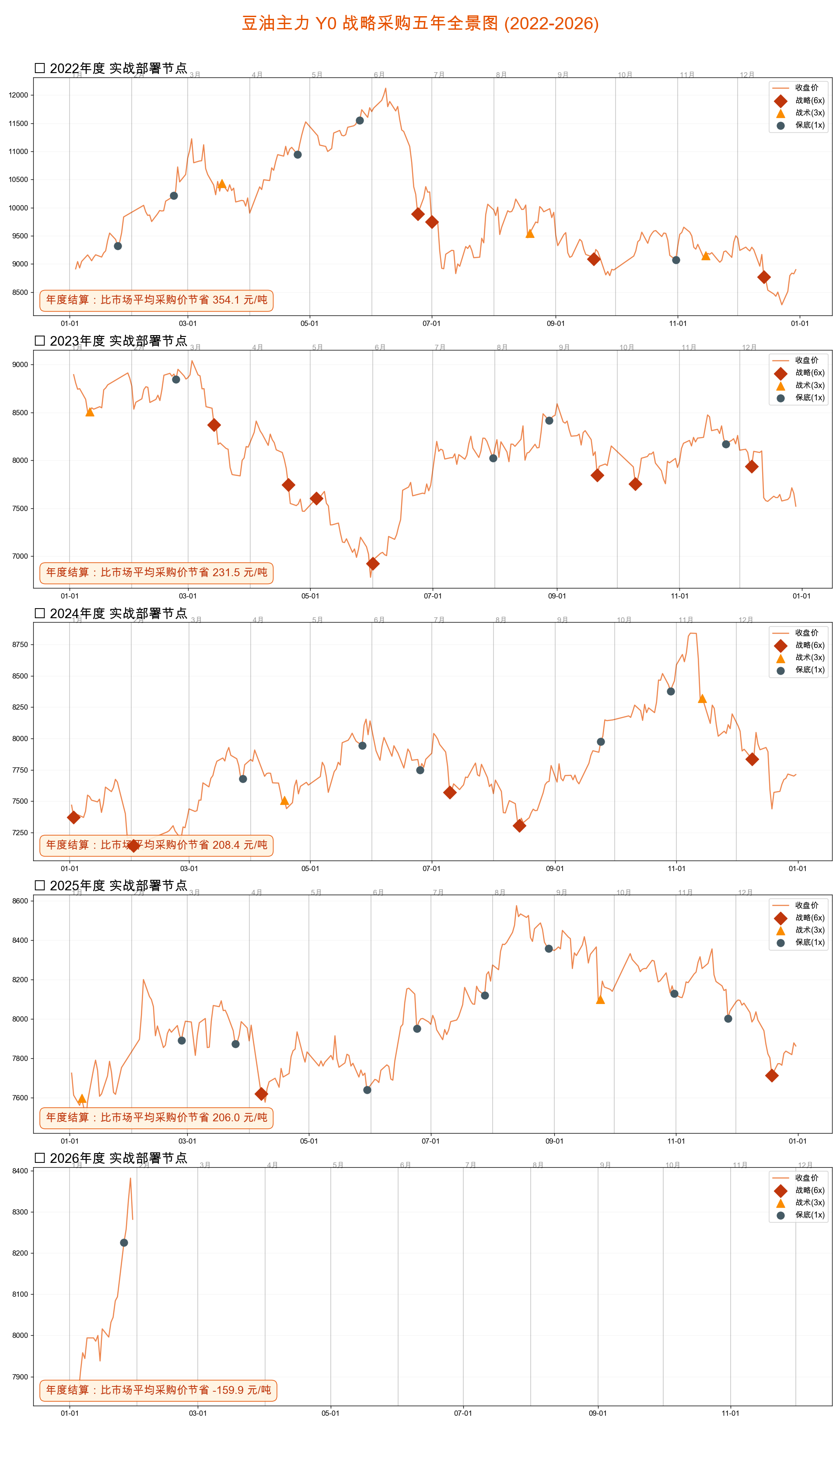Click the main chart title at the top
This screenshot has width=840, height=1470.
tap(420, 23)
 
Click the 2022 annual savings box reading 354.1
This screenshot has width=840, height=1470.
tap(156, 300)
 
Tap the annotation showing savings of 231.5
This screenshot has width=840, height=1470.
tap(156, 572)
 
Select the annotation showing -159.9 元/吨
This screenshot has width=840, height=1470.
tap(158, 1390)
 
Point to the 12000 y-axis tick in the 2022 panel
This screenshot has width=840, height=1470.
tap(18, 95)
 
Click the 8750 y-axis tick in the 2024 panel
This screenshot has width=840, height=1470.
tap(20, 644)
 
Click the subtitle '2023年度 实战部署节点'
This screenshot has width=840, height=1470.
tap(118, 341)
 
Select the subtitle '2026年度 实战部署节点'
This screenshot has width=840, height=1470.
tap(118, 1158)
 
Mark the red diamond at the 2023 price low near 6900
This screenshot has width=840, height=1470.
tap(373, 563)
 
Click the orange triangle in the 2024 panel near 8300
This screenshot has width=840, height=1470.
tap(702, 699)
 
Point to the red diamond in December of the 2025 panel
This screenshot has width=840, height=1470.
tap(772, 1075)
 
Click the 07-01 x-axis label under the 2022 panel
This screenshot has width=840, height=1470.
tap(431, 324)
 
